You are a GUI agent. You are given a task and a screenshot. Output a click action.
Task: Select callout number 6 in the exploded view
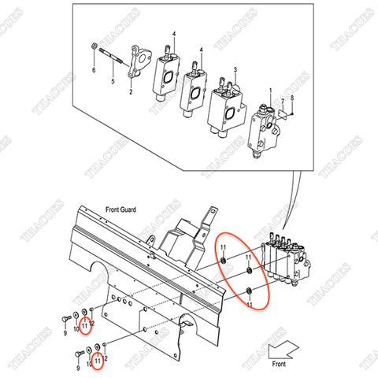[94, 70]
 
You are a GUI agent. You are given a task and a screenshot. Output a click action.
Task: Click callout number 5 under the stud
[112, 80]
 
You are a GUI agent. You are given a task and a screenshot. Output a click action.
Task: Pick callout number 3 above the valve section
[234, 69]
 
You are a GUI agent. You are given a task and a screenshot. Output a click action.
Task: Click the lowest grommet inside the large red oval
[250, 292]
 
